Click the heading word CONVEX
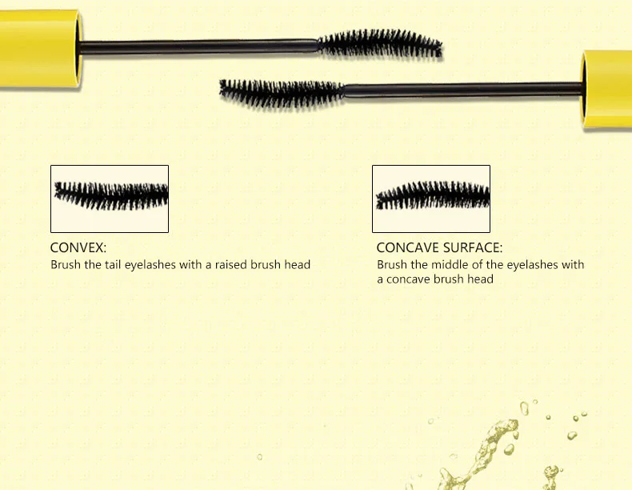(78, 248)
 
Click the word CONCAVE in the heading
(408, 248)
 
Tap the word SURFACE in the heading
(473, 248)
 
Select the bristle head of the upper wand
(380, 44)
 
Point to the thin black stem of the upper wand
(200, 46)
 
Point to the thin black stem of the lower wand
(464, 88)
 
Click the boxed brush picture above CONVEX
(110, 199)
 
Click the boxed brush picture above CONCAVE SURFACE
(431, 199)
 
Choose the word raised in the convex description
(231, 264)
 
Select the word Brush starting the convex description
(65, 264)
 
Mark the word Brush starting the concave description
(391, 264)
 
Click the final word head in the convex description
(298, 264)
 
